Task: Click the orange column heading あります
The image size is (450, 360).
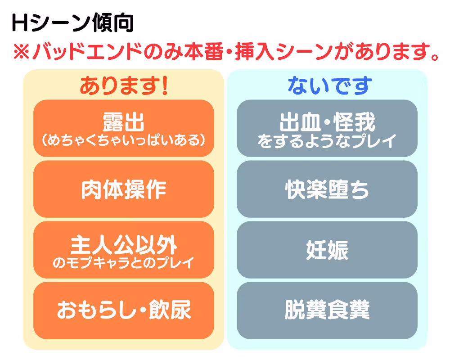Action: click(119, 85)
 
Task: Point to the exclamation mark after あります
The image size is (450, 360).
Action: click(164, 85)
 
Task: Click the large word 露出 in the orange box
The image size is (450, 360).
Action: click(123, 121)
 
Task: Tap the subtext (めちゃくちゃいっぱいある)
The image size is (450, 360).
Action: click(123, 140)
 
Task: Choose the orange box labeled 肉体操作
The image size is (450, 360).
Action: click(123, 189)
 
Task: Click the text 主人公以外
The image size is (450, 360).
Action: click(123, 245)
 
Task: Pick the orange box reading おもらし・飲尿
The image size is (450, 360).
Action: click(123, 310)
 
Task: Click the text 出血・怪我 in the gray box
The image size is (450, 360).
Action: click(327, 121)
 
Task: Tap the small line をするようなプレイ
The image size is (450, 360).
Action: click(327, 140)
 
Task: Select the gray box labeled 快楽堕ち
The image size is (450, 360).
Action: click(327, 189)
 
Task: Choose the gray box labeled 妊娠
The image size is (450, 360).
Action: click(327, 250)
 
